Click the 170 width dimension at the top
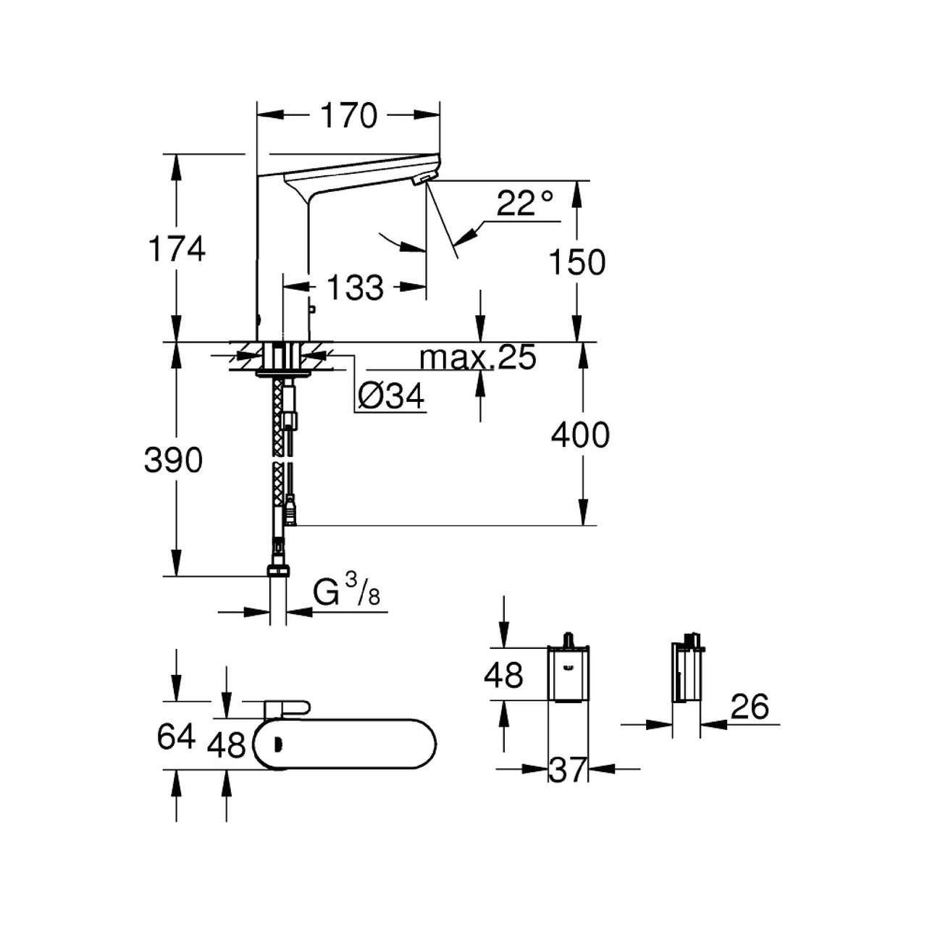(x=349, y=116)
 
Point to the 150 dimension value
(x=576, y=262)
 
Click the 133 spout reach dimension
(x=354, y=288)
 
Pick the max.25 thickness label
(x=478, y=357)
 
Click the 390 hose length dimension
(x=174, y=460)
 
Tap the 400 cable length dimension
(x=580, y=435)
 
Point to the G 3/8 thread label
(x=347, y=592)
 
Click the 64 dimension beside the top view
(x=177, y=737)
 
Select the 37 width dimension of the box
(x=567, y=770)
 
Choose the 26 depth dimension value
(x=749, y=706)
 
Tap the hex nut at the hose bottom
(x=278, y=571)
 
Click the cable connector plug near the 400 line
(x=290, y=513)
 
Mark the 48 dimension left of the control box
(x=503, y=675)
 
